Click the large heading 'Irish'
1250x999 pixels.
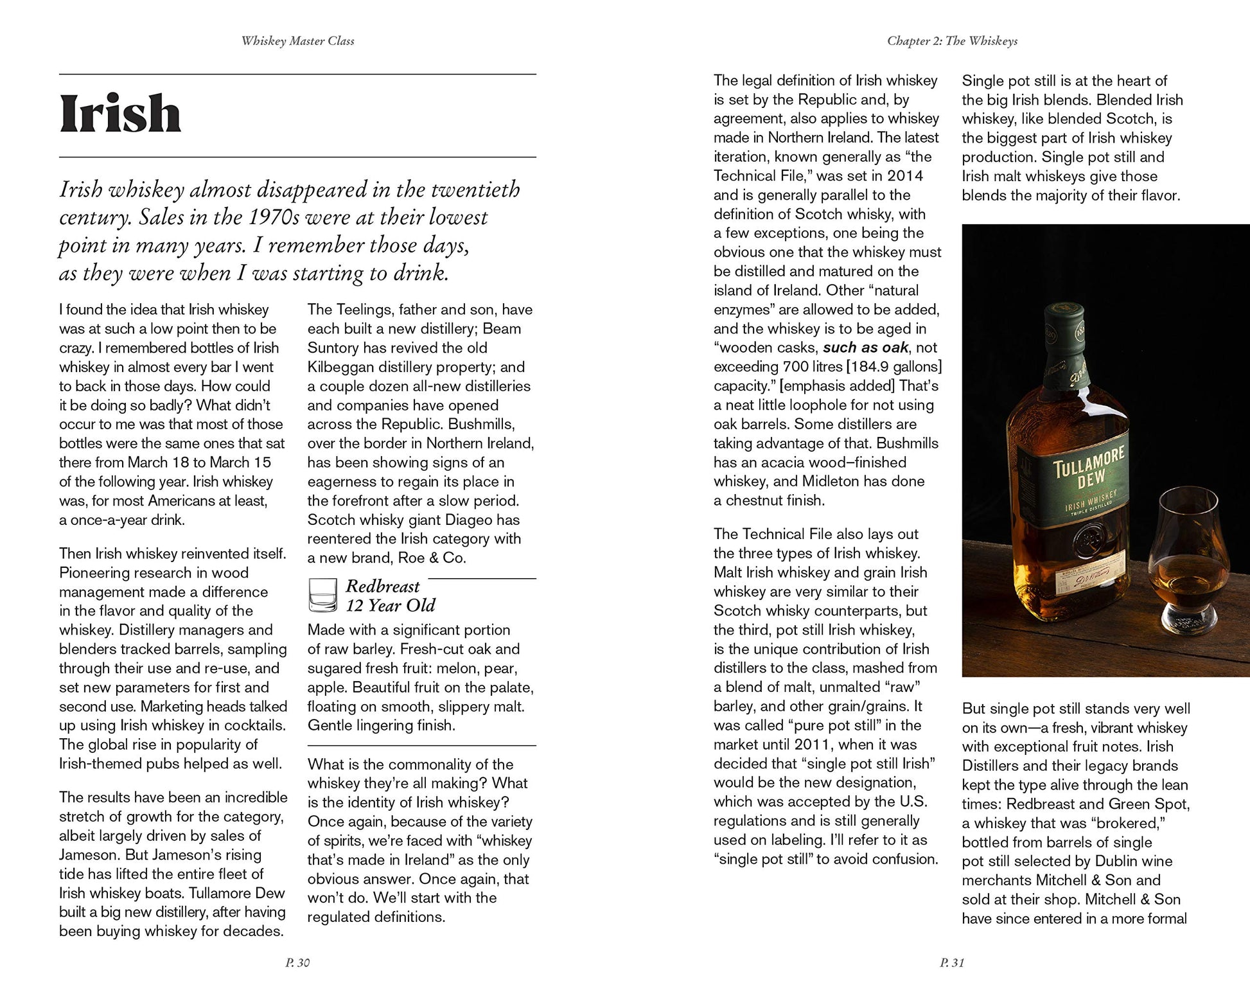click(x=120, y=114)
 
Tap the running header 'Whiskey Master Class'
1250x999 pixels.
click(x=297, y=41)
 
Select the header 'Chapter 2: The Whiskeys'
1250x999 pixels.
click(x=952, y=41)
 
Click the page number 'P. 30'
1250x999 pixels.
click(x=297, y=962)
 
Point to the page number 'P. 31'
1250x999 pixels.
click(x=952, y=962)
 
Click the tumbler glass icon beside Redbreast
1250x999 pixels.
click(x=322, y=595)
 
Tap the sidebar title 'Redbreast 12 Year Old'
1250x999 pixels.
click(x=390, y=596)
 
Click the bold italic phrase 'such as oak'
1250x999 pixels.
click(x=865, y=348)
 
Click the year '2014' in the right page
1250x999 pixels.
click(x=905, y=176)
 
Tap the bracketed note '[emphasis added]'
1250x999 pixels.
click(x=836, y=386)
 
